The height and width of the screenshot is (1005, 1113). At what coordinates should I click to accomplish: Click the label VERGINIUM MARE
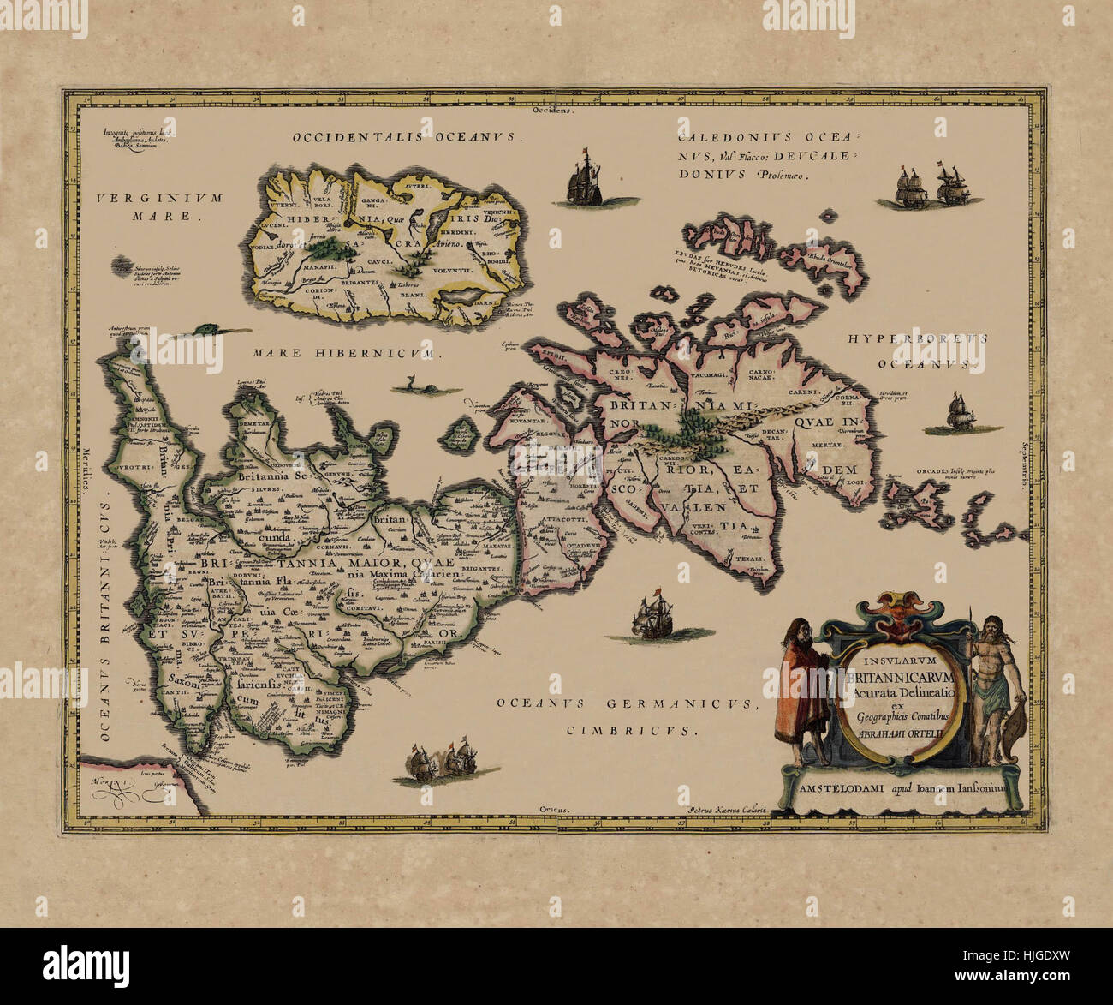158,206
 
